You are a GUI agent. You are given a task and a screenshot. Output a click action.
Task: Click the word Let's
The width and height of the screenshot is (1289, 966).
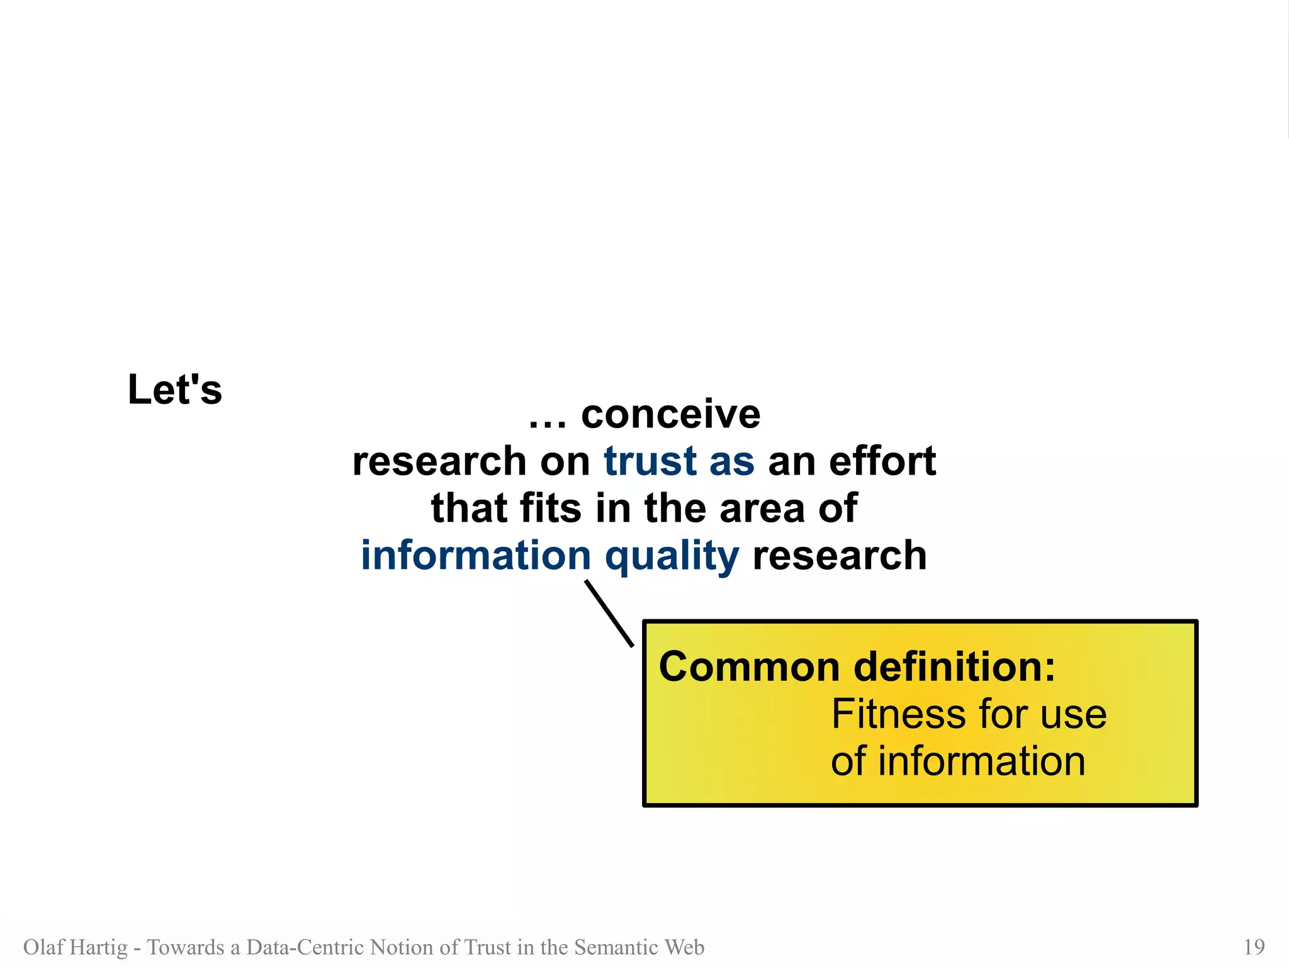coord(174,390)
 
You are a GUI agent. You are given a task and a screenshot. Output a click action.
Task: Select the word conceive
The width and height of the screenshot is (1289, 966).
coord(670,415)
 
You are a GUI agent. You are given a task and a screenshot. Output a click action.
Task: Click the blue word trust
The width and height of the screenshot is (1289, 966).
coord(650,461)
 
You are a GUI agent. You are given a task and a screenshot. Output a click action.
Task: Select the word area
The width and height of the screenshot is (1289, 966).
coord(762,509)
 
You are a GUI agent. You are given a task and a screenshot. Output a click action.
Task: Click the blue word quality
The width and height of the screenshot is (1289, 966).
coord(672,557)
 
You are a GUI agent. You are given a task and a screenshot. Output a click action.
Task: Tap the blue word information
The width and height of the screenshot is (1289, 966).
coord(475,556)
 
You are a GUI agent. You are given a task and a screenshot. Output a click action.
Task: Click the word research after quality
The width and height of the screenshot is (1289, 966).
coord(840,556)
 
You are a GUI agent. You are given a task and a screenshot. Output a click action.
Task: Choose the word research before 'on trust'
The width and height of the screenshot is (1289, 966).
coord(439,461)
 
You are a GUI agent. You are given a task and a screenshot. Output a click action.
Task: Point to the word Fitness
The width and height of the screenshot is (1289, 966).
coord(898,714)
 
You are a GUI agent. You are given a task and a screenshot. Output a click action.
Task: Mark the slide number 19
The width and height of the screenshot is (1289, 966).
coord(1254,946)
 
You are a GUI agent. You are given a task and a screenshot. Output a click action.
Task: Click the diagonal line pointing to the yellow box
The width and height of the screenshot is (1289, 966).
coord(609,614)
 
